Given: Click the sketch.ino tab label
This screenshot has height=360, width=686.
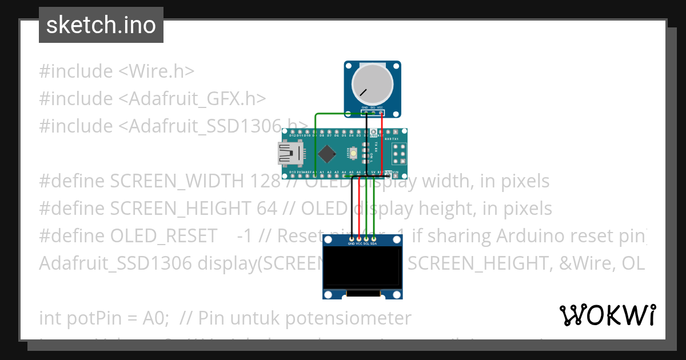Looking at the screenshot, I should (x=101, y=25).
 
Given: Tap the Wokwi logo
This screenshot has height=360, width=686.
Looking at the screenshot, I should (x=607, y=315).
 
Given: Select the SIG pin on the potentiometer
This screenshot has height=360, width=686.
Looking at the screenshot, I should (x=372, y=112).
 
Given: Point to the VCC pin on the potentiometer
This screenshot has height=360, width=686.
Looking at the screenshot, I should (x=380, y=112).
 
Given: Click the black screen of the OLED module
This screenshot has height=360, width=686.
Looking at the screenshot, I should (x=362, y=267).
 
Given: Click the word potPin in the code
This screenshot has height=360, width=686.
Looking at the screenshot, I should (x=89, y=318).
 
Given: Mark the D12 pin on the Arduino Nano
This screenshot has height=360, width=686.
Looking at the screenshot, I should (x=292, y=136).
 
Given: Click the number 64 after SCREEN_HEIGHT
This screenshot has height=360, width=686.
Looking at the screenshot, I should (x=267, y=209).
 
